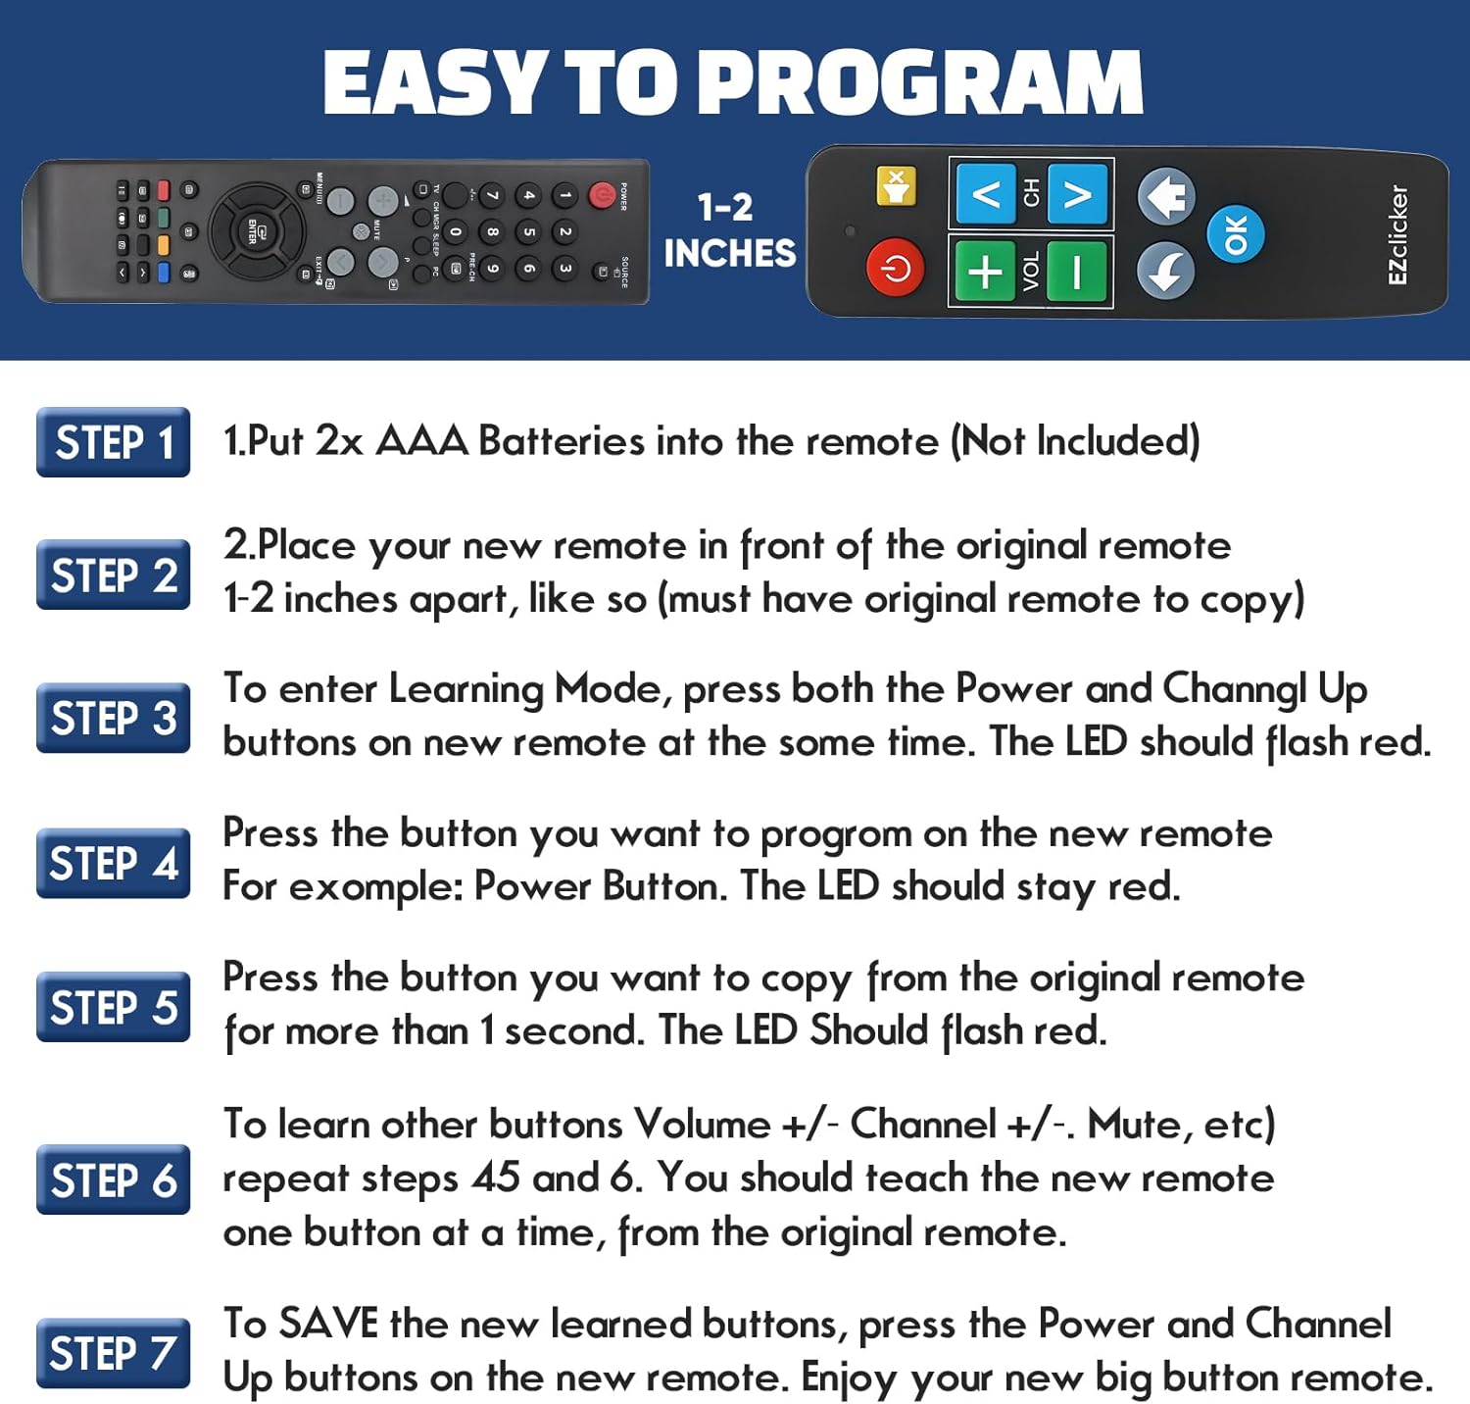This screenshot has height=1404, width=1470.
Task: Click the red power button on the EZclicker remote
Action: (x=895, y=268)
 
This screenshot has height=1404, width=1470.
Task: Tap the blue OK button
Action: (x=1235, y=234)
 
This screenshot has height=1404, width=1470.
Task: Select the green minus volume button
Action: (x=1077, y=272)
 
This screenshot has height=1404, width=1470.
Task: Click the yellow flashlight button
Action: (x=896, y=186)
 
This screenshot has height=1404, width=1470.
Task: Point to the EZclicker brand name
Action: (x=1397, y=235)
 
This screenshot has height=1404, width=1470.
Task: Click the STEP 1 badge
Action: (x=114, y=442)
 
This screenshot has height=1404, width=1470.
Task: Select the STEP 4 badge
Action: (x=114, y=864)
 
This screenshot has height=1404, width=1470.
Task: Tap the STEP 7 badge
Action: (x=114, y=1353)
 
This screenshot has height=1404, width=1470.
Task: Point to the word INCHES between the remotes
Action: (x=730, y=254)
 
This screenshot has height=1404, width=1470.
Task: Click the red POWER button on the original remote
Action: (x=602, y=196)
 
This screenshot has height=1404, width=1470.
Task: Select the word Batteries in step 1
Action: (x=561, y=442)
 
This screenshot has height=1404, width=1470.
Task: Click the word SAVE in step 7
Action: (x=328, y=1325)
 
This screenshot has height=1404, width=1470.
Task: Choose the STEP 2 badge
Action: (x=114, y=576)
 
